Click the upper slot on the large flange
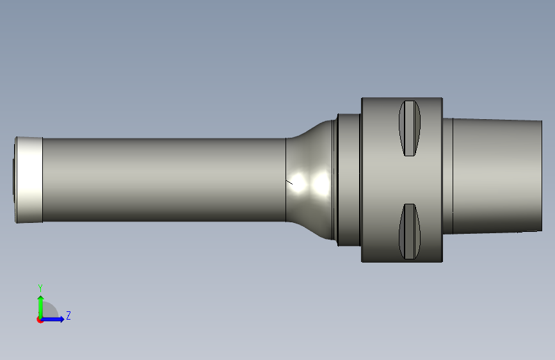pyautogui.click(x=410, y=128)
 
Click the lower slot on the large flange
pyautogui.click(x=410, y=231)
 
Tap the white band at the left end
pyautogui.click(x=29, y=180)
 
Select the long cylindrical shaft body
pyautogui.click(x=165, y=180)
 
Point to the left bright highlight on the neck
pyautogui.click(x=298, y=183)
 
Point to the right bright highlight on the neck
pyautogui.click(x=321, y=184)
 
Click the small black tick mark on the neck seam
pyautogui.click(x=289, y=182)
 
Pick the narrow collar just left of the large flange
pyautogui.click(x=349, y=180)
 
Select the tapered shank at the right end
pyautogui.click(x=497, y=176)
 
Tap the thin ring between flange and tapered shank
pyautogui.click(x=447, y=176)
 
